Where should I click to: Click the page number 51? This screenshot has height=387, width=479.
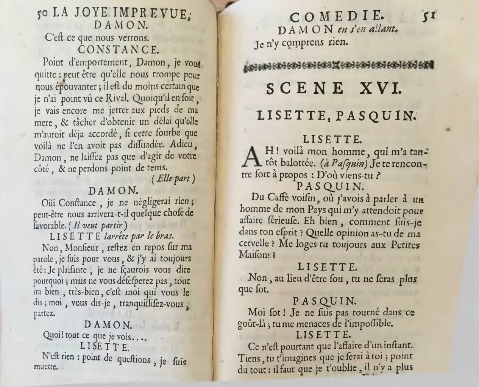(x=430, y=17)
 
